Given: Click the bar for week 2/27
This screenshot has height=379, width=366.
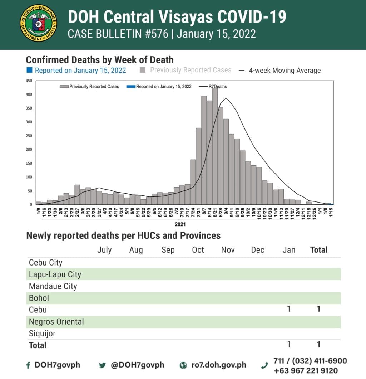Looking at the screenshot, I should click(x=77, y=195).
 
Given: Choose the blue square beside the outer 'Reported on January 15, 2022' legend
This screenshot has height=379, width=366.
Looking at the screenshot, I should click(x=30, y=70).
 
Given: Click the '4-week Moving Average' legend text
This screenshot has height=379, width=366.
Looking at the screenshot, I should click(x=285, y=70).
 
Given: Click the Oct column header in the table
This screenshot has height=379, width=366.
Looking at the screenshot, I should click(x=198, y=250).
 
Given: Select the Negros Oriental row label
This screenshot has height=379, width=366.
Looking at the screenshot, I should click(x=56, y=322).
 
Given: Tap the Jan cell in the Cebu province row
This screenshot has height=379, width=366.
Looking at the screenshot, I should click(x=289, y=308).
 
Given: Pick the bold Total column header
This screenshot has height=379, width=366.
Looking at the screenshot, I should click(x=318, y=250).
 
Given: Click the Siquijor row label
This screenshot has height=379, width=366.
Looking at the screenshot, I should click(x=42, y=334).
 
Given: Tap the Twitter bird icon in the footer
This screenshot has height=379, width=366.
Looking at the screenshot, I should click(x=103, y=365).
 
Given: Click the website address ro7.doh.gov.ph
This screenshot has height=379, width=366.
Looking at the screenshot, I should click(x=218, y=365).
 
